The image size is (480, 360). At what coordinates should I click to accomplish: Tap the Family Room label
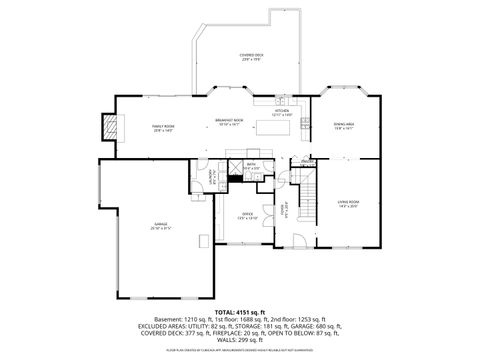163,128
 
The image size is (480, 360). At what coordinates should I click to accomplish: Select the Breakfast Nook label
230,122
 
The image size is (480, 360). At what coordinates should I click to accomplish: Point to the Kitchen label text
282,113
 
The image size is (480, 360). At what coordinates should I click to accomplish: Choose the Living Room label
347,204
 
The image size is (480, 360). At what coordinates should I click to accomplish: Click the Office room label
248,216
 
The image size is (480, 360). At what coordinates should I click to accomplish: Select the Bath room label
251,168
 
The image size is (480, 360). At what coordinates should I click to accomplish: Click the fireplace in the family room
109,127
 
